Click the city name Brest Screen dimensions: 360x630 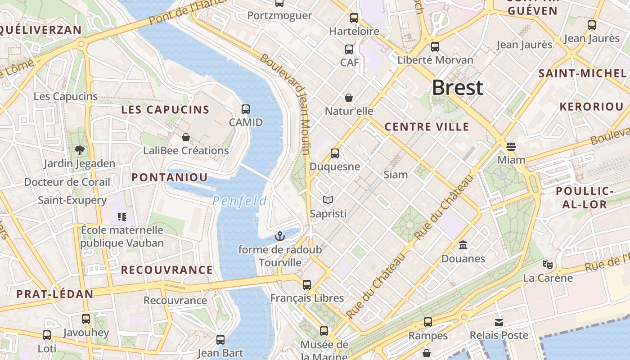tap(458, 88)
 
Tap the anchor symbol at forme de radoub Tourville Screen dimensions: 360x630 tap(280, 236)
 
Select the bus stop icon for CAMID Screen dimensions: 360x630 tap(246, 109)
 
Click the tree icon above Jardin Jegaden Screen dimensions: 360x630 tap(80, 150)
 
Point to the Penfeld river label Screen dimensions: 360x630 tap(239, 201)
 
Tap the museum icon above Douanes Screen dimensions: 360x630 tap(463, 245)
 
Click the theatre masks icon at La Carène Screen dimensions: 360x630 tap(547, 265)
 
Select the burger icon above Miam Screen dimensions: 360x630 tap(511, 146)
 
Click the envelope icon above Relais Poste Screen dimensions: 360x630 tap(499, 322)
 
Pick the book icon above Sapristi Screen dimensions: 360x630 tap(328, 200)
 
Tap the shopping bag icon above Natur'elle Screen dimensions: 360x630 tap(349, 97)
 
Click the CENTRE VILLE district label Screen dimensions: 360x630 tap(427, 127)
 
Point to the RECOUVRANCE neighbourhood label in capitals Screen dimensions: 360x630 tap(167, 270)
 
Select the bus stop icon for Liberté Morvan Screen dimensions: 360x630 tap(435, 46)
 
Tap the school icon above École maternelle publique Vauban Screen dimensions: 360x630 tap(121, 217)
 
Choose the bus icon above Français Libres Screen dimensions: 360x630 tap(307, 284)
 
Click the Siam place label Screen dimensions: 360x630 tap(396, 175)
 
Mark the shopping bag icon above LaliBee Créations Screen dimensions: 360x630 tap(186, 137)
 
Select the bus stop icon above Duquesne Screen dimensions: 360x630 tap(335, 153)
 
